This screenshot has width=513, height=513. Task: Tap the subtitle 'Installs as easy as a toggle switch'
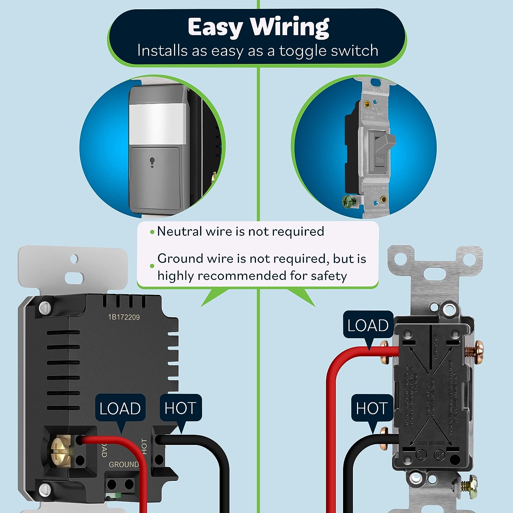[x=258, y=51]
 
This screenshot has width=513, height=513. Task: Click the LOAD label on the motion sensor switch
[x=120, y=408]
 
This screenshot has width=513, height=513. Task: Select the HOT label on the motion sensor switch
[x=180, y=408]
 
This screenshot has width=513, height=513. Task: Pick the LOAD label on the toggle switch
[x=368, y=325]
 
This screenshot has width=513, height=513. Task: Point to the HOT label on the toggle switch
[x=372, y=408]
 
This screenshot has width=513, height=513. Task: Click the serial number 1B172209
[x=124, y=317]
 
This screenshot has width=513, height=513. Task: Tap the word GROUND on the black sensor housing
[x=123, y=464]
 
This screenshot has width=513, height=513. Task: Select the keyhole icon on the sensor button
[x=152, y=162]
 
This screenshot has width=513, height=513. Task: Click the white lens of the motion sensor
[x=157, y=125]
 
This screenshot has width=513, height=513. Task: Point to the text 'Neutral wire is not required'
[x=240, y=232]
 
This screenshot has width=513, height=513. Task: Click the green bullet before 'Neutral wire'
[x=152, y=232]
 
